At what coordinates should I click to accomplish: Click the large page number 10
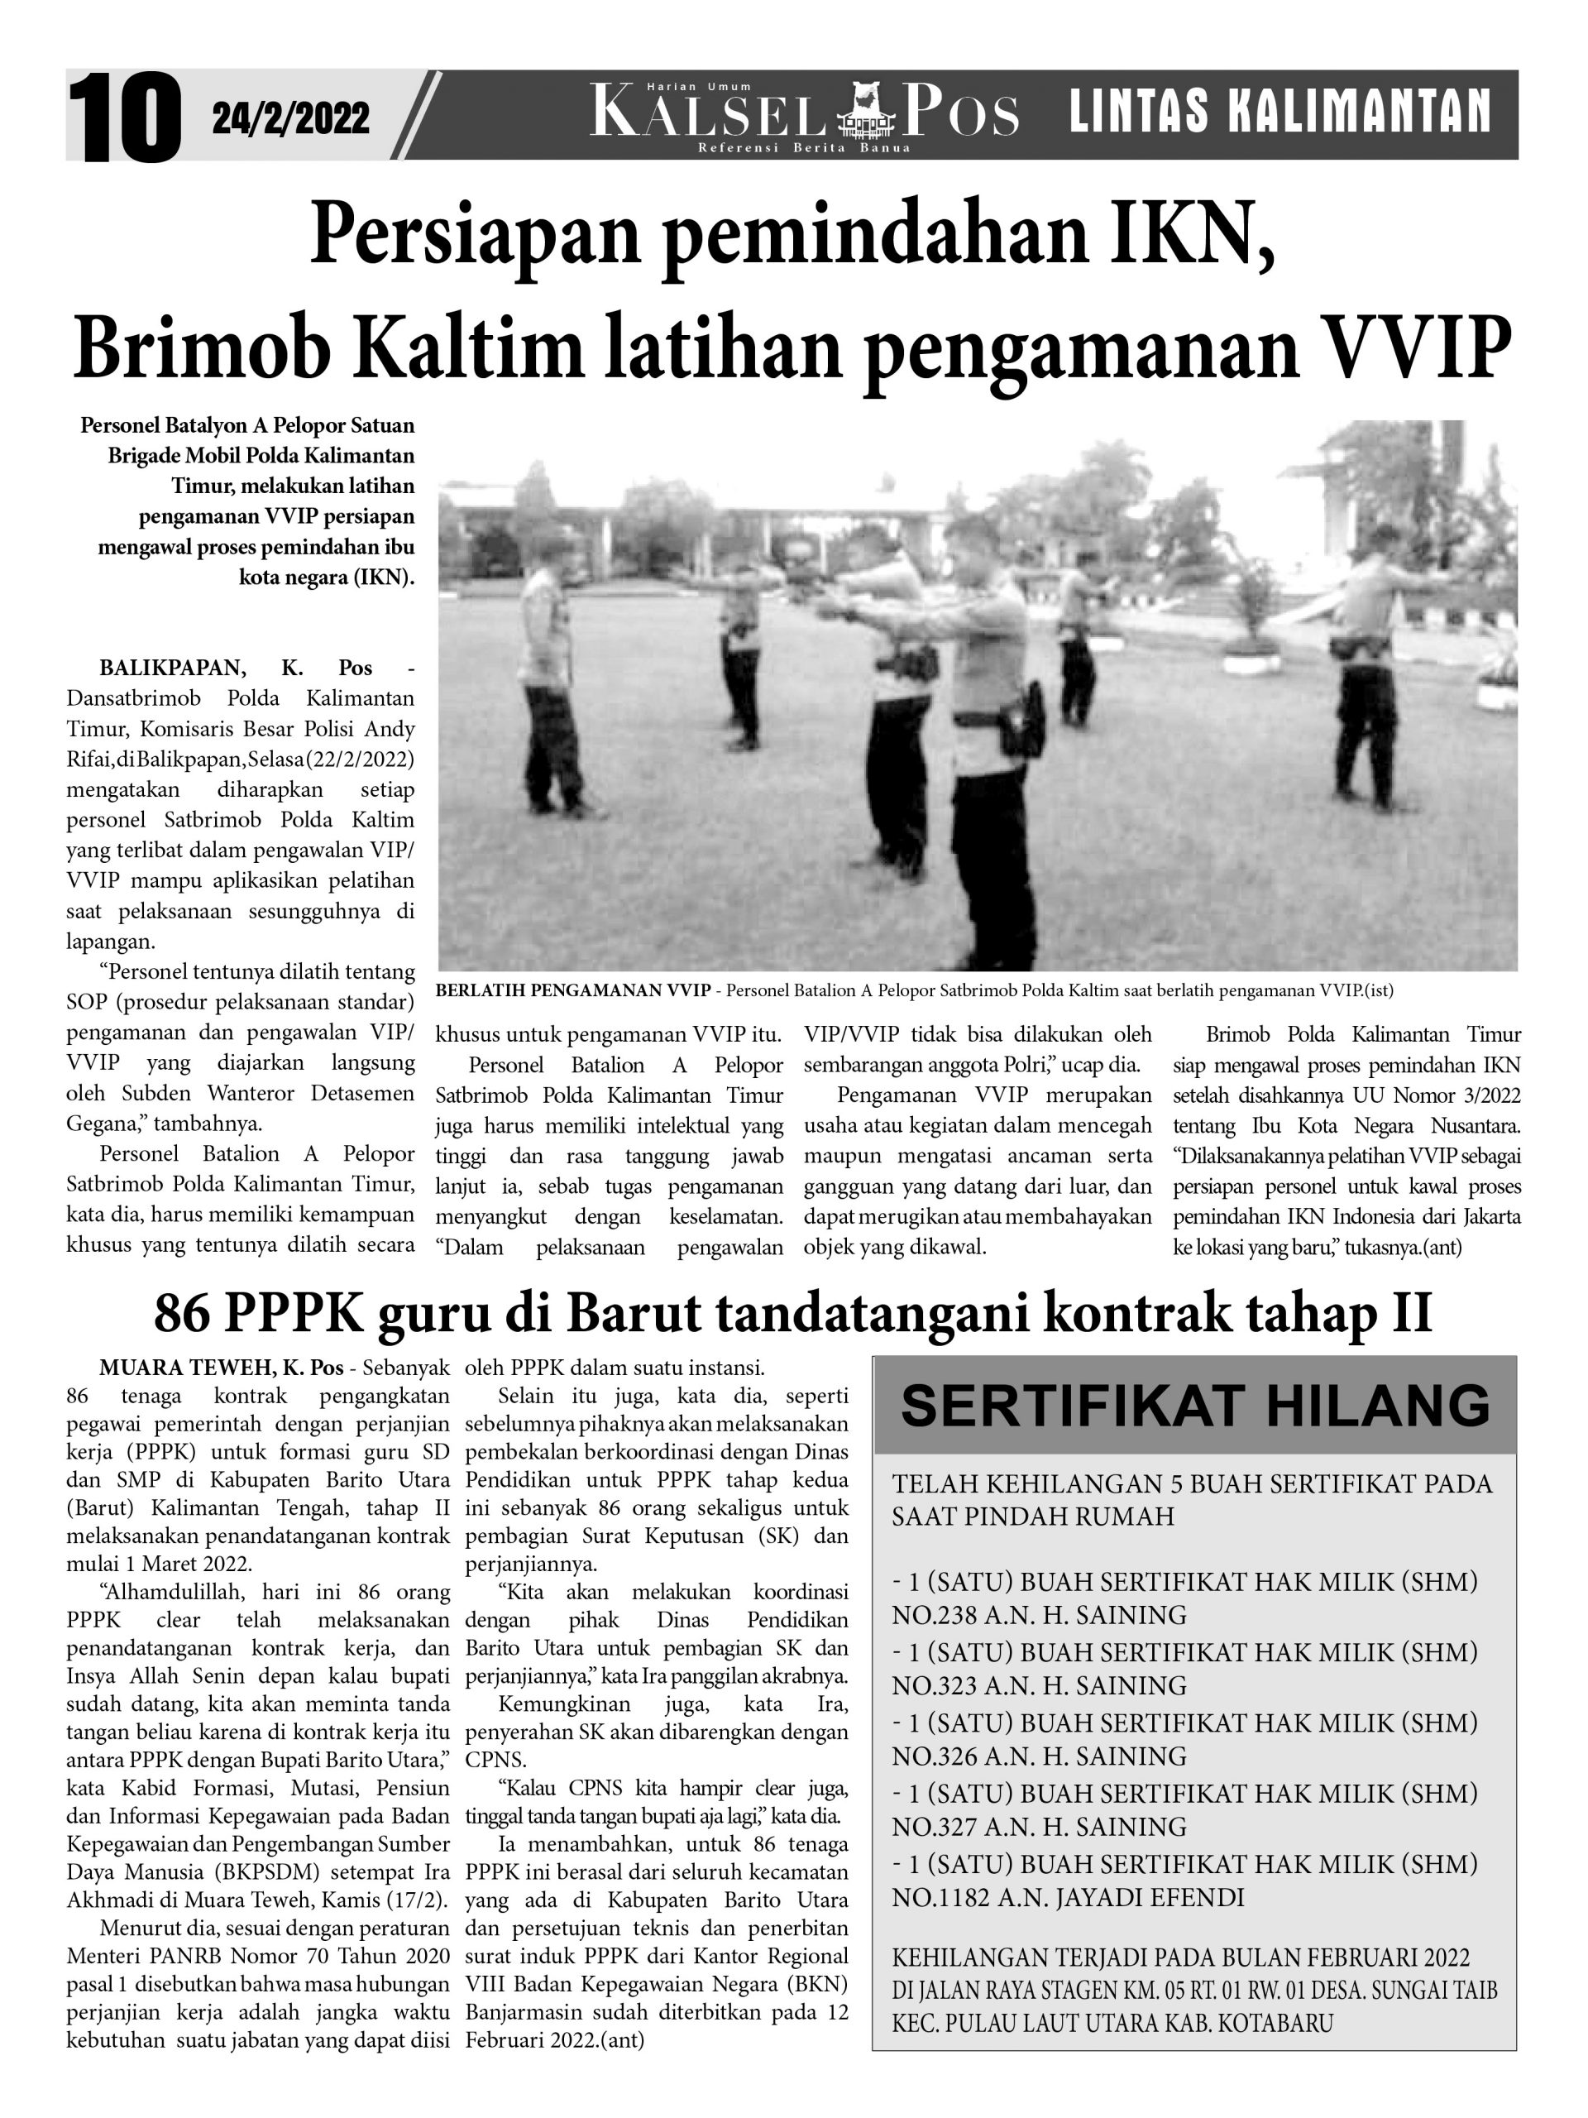tap(124, 117)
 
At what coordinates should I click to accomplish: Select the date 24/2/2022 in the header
tap(290, 119)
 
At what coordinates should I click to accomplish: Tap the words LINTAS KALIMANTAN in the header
tap(1279, 111)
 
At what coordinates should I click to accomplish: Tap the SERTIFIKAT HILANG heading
tap(1194, 1406)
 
